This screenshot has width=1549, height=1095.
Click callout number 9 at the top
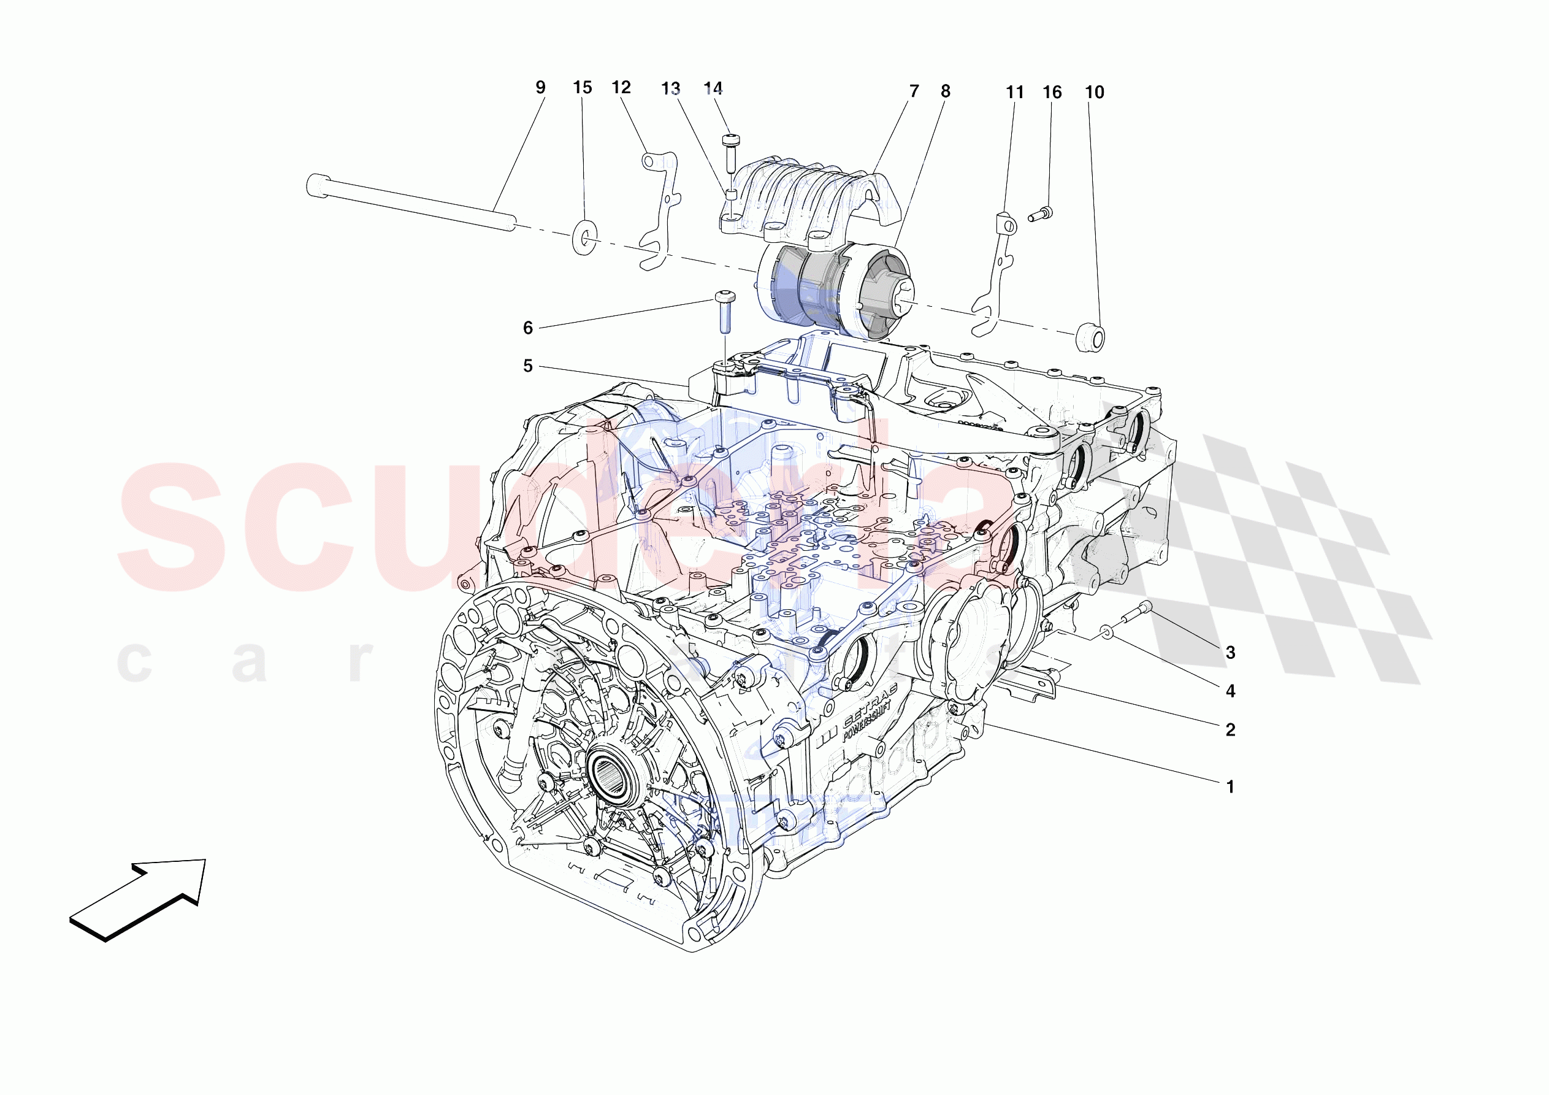(540, 87)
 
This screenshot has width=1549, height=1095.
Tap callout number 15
(581, 87)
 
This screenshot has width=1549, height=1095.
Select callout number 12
(621, 87)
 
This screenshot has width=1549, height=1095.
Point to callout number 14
(713, 88)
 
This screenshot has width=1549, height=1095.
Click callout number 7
(914, 91)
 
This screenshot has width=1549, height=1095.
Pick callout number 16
(1051, 93)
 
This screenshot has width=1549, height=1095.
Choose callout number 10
(1093, 93)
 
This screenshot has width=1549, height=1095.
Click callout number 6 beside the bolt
(527, 328)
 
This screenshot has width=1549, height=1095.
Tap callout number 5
(527, 366)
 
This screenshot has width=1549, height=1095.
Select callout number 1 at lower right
(1230, 786)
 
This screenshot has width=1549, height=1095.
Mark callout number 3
(1230, 652)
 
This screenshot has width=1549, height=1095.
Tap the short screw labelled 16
(1039, 215)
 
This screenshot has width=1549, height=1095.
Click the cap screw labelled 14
(730, 149)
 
